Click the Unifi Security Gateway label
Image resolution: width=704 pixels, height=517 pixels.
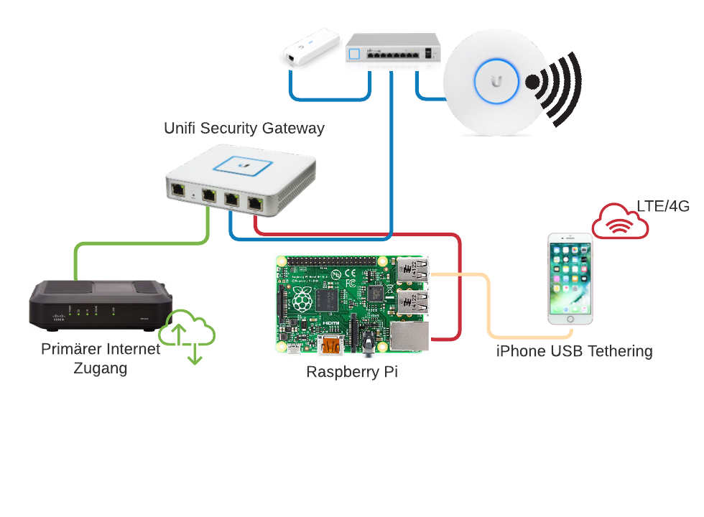pyautogui.click(x=244, y=129)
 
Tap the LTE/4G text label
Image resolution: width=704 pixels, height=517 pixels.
pyautogui.click(x=663, y=207)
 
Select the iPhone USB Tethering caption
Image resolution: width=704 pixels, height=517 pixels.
pyautogui.click(x=574, y=351)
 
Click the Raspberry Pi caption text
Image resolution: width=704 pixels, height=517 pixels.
pyautogui.click(x=351, y=372)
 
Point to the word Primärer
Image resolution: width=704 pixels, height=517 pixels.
pyautogui.click(x=70, y=349)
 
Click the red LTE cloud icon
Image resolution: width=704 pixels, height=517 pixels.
pyautogui.click(x=620, y=221)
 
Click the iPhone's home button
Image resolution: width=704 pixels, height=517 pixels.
pyautogui.click(x=570, y=317)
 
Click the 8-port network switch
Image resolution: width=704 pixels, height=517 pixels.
pyautogui.click(x=392, y=50)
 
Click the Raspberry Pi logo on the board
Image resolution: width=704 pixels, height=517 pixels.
pyautogui.click(x=302, y=299)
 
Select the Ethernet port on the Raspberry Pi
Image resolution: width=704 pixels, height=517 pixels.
pyautogui.click(x=409, y=336)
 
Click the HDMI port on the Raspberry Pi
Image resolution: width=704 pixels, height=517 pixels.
pyautogui.click(x=331, y=346)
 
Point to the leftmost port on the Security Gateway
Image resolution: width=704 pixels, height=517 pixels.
pyautogui.click(x=177, y=192)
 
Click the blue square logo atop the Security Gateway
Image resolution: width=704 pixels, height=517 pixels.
pyautogui.click(x=243, y=164)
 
